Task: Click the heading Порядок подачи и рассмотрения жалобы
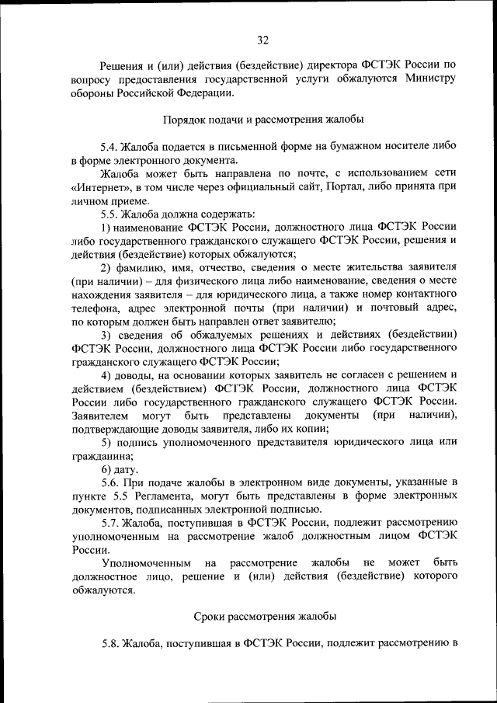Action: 263,120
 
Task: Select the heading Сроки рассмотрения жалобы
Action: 264,616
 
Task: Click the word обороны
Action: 92,92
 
